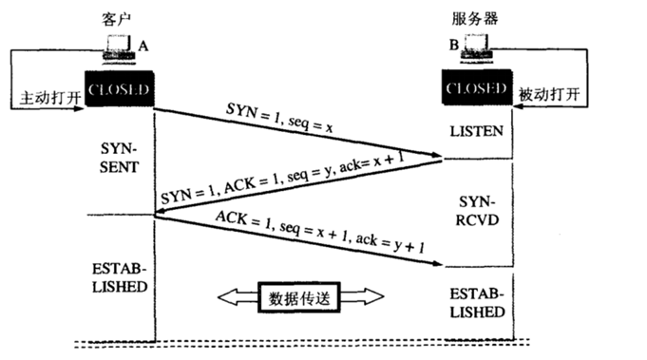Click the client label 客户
[115, 18]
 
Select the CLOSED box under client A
[118, 88]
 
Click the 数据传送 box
[300, 297]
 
